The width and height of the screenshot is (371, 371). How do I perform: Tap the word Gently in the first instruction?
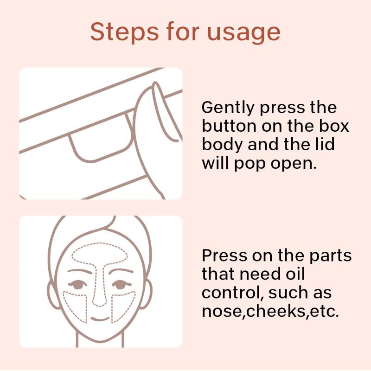click(x=228, y=108)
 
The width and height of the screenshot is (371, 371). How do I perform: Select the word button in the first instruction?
click(x=229, y=126)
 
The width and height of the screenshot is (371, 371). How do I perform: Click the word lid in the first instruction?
click(x=326, y=144)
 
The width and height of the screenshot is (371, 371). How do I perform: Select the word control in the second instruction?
click(x=232, y=293)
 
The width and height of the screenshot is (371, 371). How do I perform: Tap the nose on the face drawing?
click(x=100, y=299)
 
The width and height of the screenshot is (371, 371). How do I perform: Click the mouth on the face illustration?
click(x=100, y=319)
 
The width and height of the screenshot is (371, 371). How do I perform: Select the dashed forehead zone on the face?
click(x=100, y=253)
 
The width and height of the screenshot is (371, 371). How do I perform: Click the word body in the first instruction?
click(x=222, y=145)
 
